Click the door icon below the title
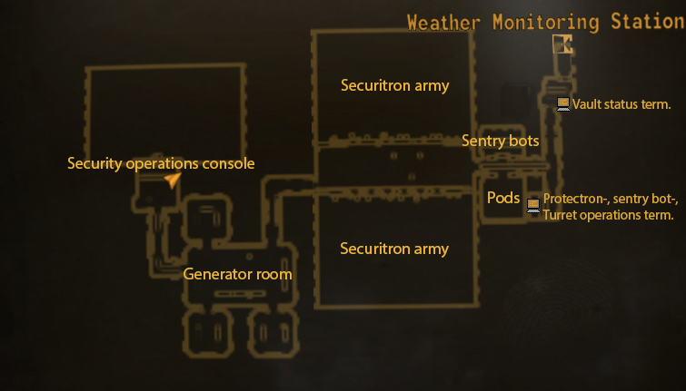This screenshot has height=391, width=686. coord(562,44)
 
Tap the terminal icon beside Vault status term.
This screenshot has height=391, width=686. coord(563,104)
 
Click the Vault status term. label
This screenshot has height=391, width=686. coord(621,104)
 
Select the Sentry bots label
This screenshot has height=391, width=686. coord(500,141)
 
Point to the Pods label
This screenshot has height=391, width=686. coord(503,198)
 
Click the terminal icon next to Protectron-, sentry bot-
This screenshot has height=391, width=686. coord(533,205)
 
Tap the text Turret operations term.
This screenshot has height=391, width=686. coord(608,215)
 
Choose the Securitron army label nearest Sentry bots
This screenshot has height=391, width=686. coord(394,86)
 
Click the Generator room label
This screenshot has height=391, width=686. coord(237,274)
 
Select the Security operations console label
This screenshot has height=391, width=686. coord(161,164)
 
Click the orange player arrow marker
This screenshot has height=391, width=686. coord(173,181)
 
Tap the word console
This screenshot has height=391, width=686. coord(231,164)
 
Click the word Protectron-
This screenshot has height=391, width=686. coord(576,199)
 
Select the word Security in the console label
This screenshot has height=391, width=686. coord(92,164)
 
